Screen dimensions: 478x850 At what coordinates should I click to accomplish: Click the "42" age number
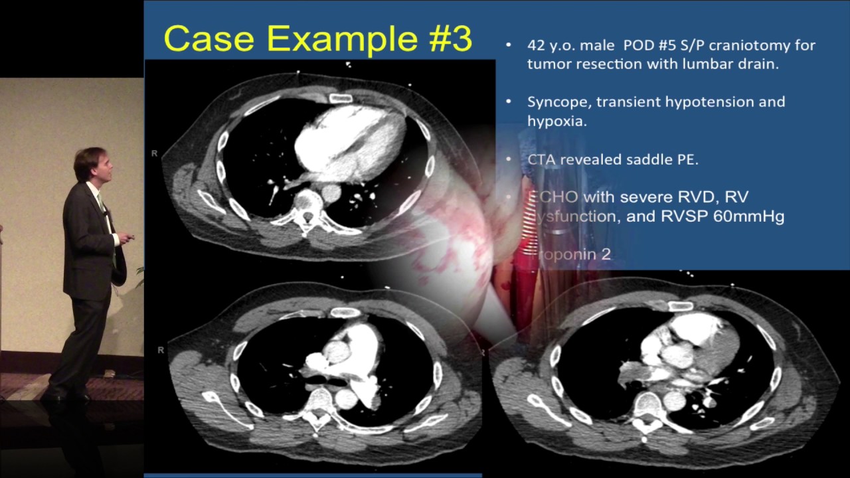[x=536, y=45]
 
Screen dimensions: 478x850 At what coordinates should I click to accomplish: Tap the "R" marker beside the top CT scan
[x=154, y=153]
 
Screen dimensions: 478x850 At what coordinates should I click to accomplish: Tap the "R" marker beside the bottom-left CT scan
[x=160, y=349]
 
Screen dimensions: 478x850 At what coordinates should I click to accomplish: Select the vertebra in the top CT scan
[x=306, y=204]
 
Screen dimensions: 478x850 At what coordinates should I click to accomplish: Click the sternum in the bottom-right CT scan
[x=681, y=306]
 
